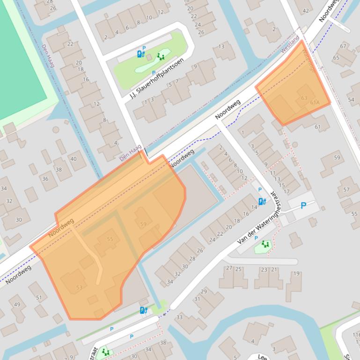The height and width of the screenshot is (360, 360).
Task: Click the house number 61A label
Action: tap(314, 102)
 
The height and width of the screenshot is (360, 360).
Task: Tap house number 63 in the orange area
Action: tap(304, 98)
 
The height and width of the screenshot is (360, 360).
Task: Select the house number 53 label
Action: tap(79, 287)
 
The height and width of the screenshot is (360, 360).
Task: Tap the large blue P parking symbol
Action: tap(303, 205)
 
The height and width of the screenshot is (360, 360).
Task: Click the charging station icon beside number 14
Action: tap(262, 202)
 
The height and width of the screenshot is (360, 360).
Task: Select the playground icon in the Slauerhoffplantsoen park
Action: tap(161, 57)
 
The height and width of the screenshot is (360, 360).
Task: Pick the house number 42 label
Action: tap(306, 10)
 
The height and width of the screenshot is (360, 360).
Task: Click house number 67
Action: tap(343, 46)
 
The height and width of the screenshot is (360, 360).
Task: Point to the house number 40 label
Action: tap(73, 159)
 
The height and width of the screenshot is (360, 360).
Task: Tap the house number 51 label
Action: tap(39, 297)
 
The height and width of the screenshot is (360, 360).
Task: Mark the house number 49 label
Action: tap(17, 305)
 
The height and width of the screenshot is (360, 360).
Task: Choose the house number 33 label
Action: tap(179, 317)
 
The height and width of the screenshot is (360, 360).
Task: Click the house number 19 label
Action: tap(296, 274)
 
